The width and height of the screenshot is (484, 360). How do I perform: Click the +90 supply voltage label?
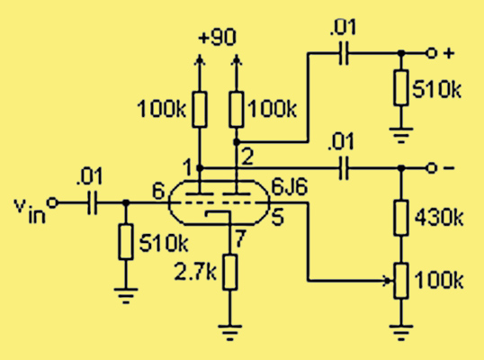tap(218, 37)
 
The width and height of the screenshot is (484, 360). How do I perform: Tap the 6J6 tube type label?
tap(289, 187)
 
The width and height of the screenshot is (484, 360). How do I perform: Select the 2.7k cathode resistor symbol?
tap(230, 273)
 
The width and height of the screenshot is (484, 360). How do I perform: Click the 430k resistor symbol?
tap(401, 218)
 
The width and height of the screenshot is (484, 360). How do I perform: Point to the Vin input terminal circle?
tap(52, 202)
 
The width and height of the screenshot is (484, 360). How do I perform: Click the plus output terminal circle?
tap(431, 53)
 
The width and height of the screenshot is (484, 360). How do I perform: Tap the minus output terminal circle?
tap(431, 168)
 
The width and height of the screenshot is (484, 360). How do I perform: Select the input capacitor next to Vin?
tap(92, 202)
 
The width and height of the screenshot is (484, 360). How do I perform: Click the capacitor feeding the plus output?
tap(344, 53)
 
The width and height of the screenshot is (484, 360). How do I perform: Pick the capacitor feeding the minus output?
tap(344, 168)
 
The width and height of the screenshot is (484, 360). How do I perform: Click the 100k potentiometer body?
tap(401, 281)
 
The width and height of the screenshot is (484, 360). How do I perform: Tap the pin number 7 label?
tap(240, 238)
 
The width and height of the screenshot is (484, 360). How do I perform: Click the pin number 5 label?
tap(277, 218)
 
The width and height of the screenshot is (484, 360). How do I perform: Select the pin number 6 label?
tap(159, 191)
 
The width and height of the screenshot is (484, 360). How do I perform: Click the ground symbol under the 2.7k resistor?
tap(230, 332)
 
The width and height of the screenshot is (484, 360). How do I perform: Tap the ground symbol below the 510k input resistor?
tap(126, 296)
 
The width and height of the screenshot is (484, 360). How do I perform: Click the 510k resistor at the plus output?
tap(401, 87)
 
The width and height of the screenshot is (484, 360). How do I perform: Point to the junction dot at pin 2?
tap(237, 142)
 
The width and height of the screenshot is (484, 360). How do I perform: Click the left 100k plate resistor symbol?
tap(200, 109)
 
